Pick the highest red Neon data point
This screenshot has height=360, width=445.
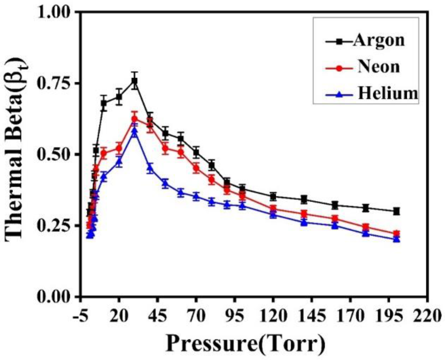pyautogui.click(x=134, y=119)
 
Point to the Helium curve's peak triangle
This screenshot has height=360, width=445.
pyautogui.click(x=134, y=131)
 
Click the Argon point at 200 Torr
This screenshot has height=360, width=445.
pyautogui.click(x=397, y=211)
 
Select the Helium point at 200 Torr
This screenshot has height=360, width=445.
pyautogui.click(x=397, y=239)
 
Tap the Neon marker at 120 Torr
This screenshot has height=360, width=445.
pyautogui.click(x=273, y=208)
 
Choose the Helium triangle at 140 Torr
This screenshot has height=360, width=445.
pyautogui.click(x=304, y=222)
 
